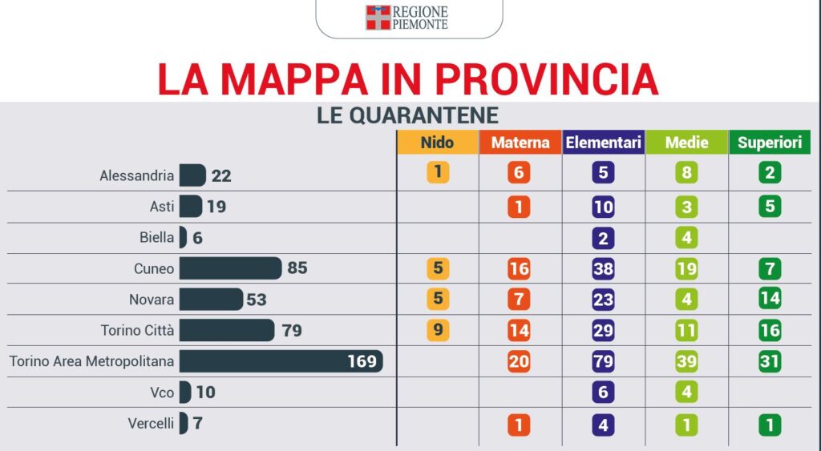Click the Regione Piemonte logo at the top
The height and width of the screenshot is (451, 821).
(407, 18)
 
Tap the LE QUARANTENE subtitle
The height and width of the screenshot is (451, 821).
(407, 115)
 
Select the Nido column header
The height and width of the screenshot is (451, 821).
(437, 143)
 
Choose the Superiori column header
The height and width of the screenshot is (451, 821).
(769, 143)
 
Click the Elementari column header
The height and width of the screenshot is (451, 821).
(603, 143)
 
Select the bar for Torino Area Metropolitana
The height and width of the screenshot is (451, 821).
(281, 361)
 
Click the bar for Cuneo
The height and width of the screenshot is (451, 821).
(230, 268)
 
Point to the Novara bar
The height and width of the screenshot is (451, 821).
(210, 300)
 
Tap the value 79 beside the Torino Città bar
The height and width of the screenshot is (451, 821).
(292, 330)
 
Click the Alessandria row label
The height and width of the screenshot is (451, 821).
(136, 175)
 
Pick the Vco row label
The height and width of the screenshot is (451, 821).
(160, 393)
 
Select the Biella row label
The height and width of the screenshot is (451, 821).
(156, 238)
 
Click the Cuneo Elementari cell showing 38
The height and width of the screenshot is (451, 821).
(603, 268)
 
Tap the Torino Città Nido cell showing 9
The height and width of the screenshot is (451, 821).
(438, 330)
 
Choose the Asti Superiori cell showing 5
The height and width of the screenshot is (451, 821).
(769, 207)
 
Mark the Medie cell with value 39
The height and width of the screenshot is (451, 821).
(686, 361)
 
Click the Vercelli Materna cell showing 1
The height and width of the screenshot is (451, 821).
(519, 424)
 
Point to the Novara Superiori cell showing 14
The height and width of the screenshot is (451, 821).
(769, 300)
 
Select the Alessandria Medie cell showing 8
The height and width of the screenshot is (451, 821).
(686, 173)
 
